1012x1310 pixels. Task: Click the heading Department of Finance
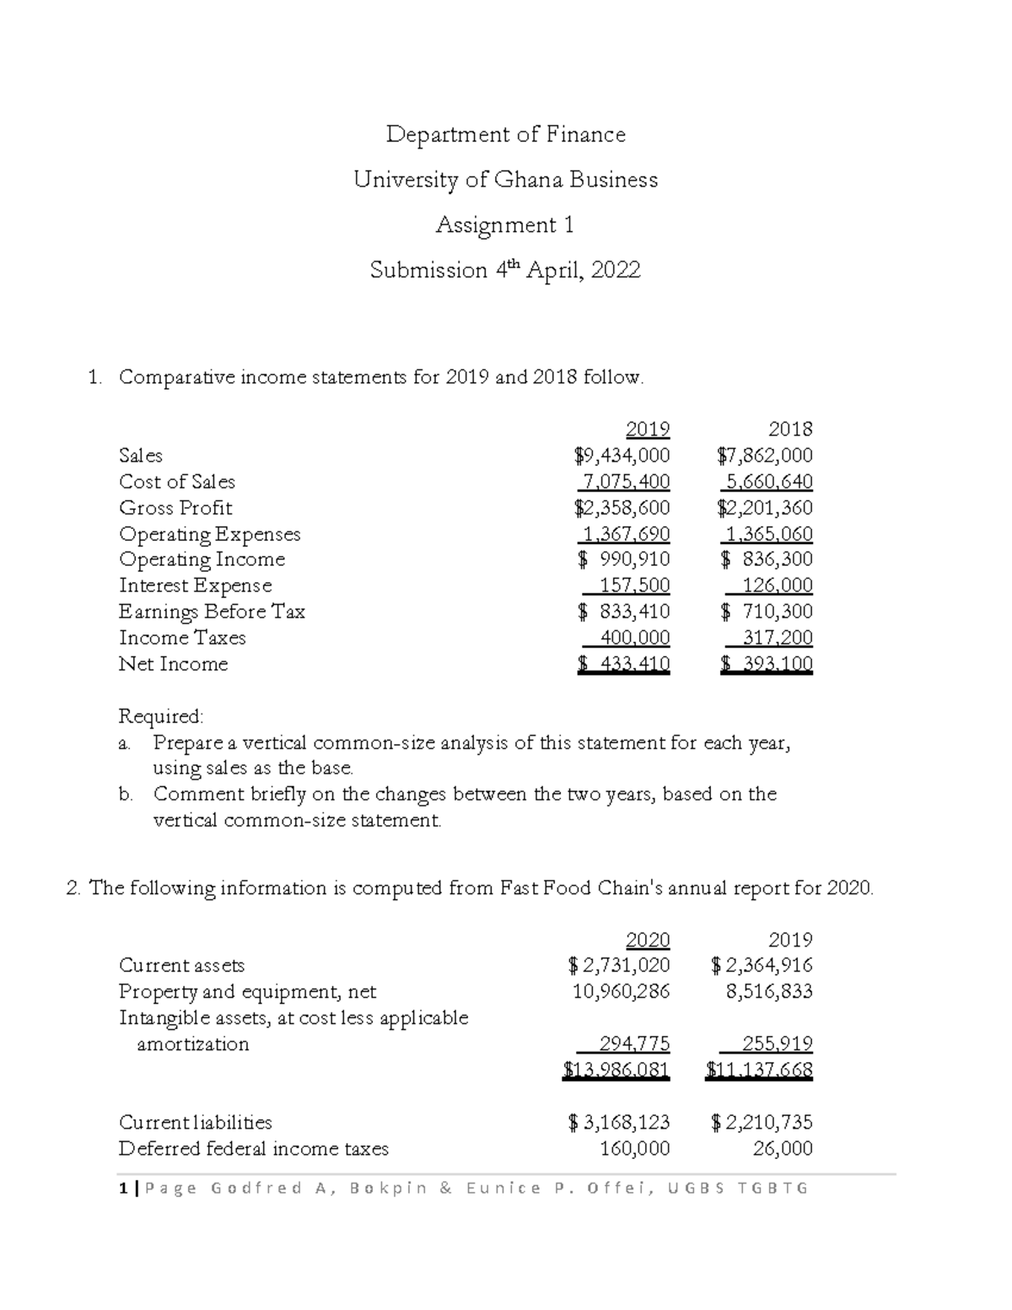(x=505, y=135)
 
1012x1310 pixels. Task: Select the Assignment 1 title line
(x=505, y=225)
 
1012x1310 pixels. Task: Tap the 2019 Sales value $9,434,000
(x=622, y=456)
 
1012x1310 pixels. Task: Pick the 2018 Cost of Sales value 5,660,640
(x=767, y=482)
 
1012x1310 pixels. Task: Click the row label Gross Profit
(x=175, y=508)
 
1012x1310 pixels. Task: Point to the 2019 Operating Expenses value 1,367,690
(x=623, y=534)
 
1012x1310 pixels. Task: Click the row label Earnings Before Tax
(x=212, y=612)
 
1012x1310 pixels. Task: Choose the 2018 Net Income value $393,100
(x=767, y=664)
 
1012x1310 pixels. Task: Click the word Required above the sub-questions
(x=160, y=716)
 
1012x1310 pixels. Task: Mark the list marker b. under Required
(x=126, y=795)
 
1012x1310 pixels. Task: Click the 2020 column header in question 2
(x=648, y=940)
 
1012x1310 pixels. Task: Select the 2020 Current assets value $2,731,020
(x=619, y=965)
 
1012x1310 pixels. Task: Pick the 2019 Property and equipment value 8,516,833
(x=769, y=991)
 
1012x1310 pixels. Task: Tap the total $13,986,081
(x=616, y=1070)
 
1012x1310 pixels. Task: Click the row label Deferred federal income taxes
(x=253, y=1149)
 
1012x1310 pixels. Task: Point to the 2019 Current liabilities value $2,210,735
(x=762, y=1123)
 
